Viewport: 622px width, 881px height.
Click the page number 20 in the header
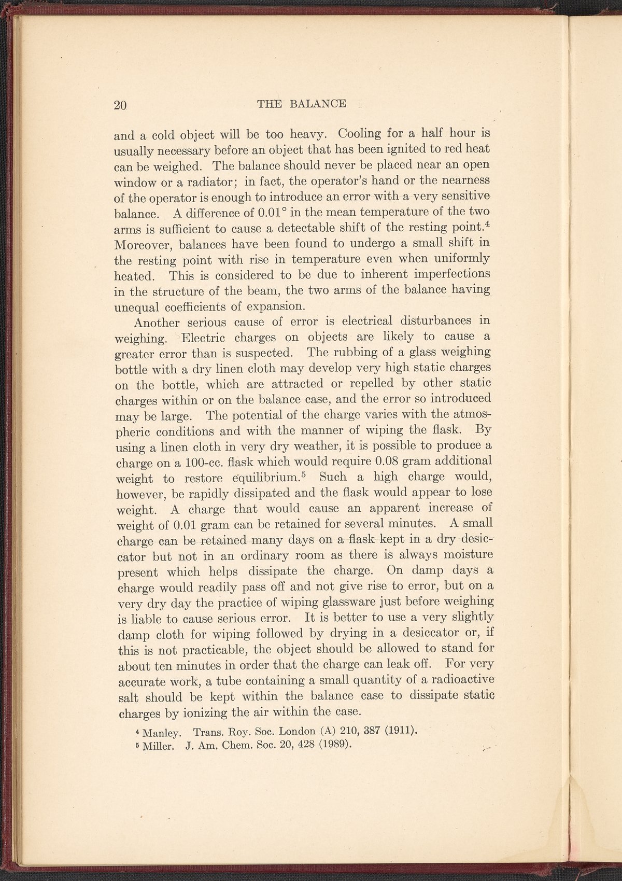tap(120, 105)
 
